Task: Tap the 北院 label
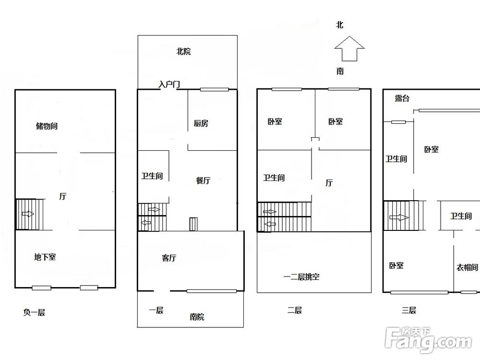pos(183,51)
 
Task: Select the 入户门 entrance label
pos(169,84)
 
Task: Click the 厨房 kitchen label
pos(201,123)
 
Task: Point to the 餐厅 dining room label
pos(203,180)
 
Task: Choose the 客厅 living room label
pos(169,258)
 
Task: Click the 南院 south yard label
pos(197,317)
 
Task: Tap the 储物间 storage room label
pos(47,126)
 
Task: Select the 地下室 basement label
pos(45,257)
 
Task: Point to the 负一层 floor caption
pos(34,312)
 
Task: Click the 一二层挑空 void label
pos(301,277)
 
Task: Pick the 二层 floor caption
pos(295,311)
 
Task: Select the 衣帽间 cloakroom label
pos(467,267)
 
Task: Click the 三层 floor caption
pos(409,311)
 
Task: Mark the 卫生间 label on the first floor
pos(152,176)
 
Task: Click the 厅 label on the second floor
pos(329,183)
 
